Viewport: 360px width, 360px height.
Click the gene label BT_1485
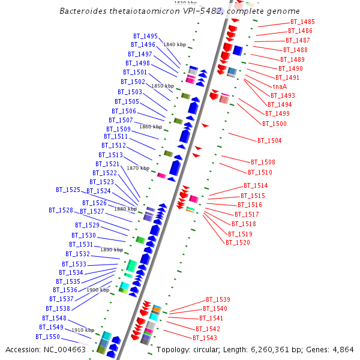point(303,22)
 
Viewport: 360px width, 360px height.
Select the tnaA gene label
point(280,86)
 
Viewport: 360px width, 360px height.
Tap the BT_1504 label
point(269,140)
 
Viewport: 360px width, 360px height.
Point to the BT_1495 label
point(145,36)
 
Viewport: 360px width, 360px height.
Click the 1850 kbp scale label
point(162,86)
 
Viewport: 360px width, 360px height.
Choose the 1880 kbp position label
point(125,209)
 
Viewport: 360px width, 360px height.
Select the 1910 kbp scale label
point(83,330)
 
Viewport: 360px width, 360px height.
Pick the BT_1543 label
point(205,338)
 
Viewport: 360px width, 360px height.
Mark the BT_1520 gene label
point(238,242)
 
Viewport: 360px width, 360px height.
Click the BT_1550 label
point(47,337)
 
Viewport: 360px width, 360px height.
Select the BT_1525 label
point(68,190)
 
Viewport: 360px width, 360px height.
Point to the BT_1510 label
point(260,172)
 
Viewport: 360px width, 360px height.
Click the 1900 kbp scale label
point(97,290)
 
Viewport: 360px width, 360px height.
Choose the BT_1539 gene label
point(218,299)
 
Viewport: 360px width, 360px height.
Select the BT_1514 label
point(256,186)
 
